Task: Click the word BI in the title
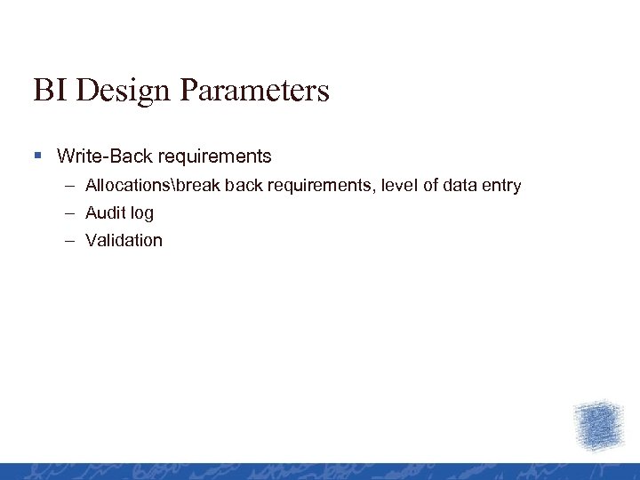pos(48,91)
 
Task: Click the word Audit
pos(105,213)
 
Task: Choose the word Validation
pos(124,240)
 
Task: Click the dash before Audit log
pos(69,213)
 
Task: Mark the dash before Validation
pos(69,240)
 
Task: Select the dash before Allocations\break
pos(69,186)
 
